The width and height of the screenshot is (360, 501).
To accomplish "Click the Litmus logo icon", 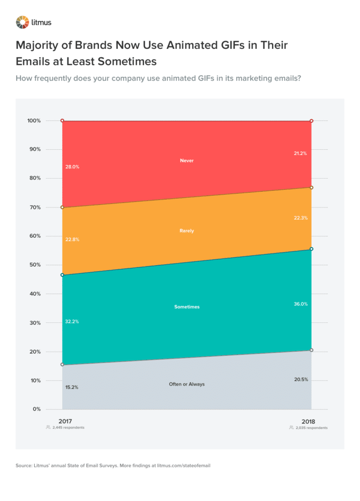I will [22, 22].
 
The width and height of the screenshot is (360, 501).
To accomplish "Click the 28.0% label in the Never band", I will [72, 167].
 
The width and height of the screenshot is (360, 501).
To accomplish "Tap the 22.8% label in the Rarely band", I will [72, 240].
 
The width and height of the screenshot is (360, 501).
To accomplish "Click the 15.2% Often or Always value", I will [71, 387].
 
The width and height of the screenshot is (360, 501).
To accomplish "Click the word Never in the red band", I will [187, 160].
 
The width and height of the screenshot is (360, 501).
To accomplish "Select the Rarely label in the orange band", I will [187, 230].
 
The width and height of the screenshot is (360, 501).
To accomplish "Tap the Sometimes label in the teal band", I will [187, 307].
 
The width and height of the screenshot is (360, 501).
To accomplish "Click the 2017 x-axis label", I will [65, 421].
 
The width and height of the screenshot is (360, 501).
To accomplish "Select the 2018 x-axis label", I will [309, 421].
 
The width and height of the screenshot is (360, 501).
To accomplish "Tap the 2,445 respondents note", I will [67, 428].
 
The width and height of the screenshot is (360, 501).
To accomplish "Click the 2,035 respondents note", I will [311, 428].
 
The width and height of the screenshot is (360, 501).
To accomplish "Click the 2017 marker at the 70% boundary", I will [62, 207].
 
